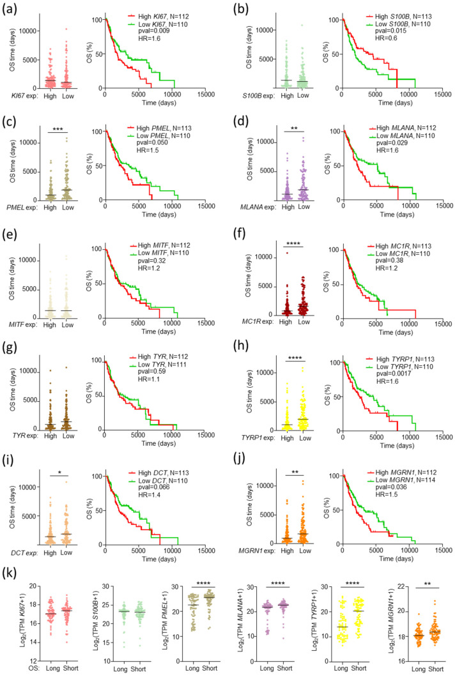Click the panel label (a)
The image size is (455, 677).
click(x=10, y=8)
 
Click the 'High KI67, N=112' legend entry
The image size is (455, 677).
click(x=158, y=17)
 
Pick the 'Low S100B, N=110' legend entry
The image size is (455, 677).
click(x=398, y=24)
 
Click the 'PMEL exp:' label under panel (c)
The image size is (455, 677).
click(x=22, y=207)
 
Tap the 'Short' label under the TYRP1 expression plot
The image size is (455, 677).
click(x=359, y=668)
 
